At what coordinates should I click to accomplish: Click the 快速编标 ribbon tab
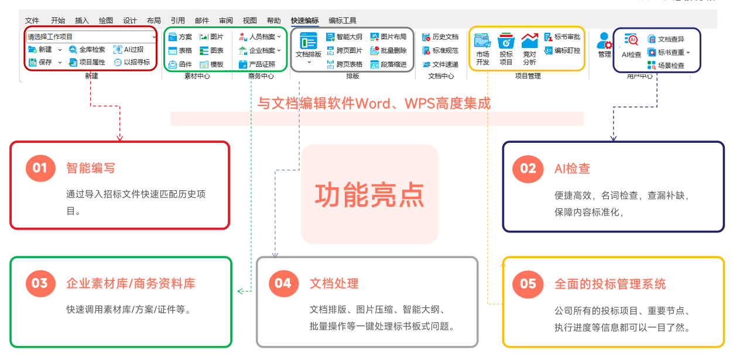304,20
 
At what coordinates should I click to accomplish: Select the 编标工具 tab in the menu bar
342,20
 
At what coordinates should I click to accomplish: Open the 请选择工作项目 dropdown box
91,37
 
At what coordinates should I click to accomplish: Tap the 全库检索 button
87,50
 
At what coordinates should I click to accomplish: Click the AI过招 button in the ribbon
129,50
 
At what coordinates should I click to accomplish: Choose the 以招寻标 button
132,62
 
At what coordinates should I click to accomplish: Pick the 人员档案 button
260,37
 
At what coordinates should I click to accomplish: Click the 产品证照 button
257,64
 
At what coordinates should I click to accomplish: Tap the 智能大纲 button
344,37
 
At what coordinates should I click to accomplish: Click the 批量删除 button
389,50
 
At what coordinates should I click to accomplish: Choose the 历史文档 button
440,37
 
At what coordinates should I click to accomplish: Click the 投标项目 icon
506,49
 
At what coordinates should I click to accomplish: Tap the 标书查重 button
669,53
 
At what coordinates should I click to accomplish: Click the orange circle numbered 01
40,168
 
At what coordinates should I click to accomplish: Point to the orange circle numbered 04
283,283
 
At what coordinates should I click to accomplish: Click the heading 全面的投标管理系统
610,284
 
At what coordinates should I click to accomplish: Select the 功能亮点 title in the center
369,195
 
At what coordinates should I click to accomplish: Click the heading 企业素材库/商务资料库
131,283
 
